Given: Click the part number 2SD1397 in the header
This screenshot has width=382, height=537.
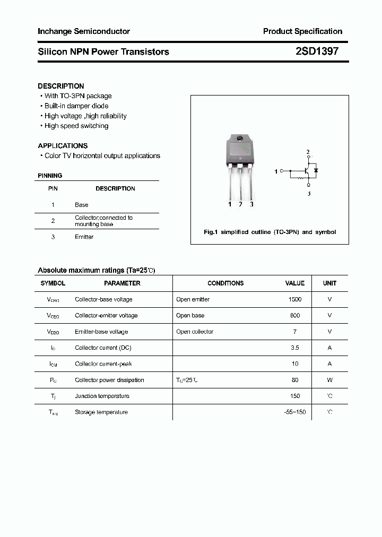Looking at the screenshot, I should click(x=317, y=51).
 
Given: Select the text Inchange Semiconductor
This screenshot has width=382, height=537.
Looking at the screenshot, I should click(x=83, y=31).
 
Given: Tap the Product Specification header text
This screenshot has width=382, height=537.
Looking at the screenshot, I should click(x=302, y=31).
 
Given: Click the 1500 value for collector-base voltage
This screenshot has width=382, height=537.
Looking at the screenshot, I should click(x=294, y=299).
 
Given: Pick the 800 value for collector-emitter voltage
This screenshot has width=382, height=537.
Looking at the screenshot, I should click(x=295, y=315).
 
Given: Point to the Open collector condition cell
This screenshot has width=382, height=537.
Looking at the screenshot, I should click(x=195, y=332).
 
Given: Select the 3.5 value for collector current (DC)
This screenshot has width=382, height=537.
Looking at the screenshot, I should click(x=295, y=348).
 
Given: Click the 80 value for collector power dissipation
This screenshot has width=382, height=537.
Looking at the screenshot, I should click(x=295, y=380).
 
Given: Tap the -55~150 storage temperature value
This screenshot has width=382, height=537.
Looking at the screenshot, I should click(x=294, y=412).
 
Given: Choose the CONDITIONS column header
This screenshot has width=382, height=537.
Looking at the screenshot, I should click(x=225, y=283).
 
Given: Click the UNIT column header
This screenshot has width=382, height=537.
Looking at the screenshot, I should click(x=329, y=283).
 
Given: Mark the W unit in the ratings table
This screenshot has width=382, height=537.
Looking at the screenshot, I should click(x=329, y=380).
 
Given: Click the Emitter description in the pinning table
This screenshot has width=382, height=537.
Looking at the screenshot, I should click(x=84, y=237).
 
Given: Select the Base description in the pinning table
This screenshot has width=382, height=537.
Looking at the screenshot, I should click(x=81, y=205).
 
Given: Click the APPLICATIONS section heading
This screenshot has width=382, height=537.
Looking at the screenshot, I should click(x=63, y=145).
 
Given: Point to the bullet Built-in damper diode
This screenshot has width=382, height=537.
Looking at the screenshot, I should click(x=76, y=106).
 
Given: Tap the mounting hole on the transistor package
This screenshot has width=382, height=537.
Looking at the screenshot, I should click(x=240, y=139).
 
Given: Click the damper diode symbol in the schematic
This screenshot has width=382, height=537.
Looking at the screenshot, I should click(x=316, y=171).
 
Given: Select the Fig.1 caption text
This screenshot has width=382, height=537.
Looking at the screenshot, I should click(x=270, y=232).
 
